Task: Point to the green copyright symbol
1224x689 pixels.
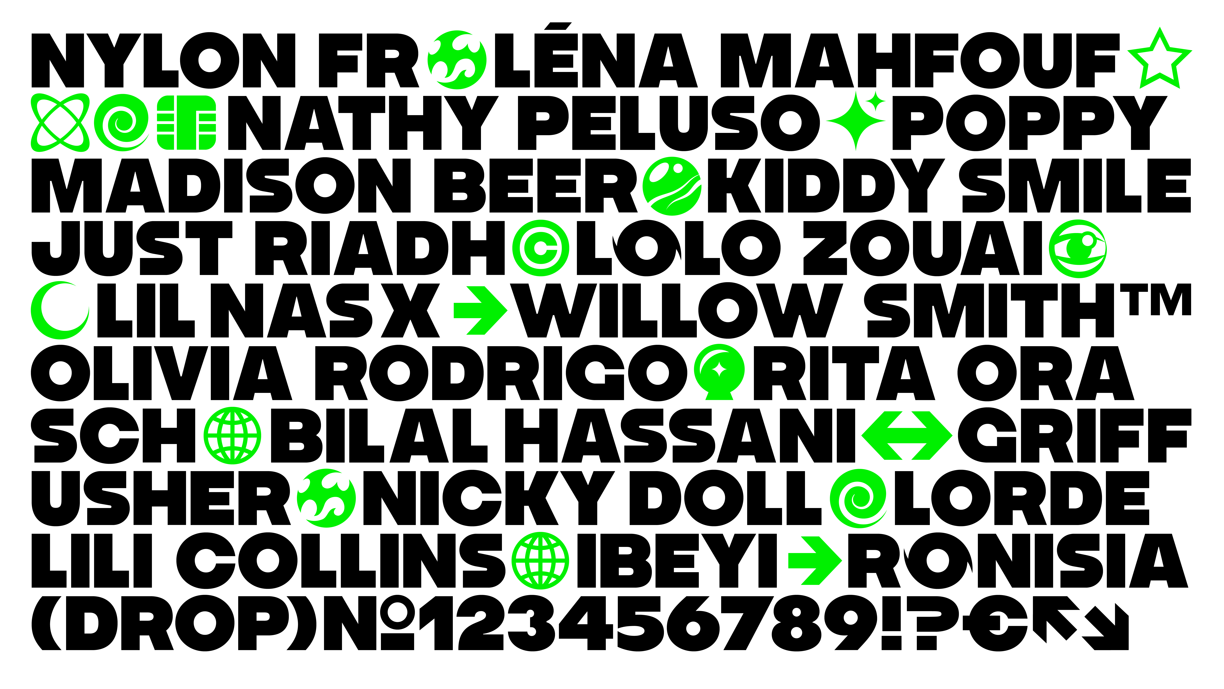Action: (x=541, y=248)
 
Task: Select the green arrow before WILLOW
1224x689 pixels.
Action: (x=480, y=310)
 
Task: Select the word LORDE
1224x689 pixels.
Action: (x=1022, y=498)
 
